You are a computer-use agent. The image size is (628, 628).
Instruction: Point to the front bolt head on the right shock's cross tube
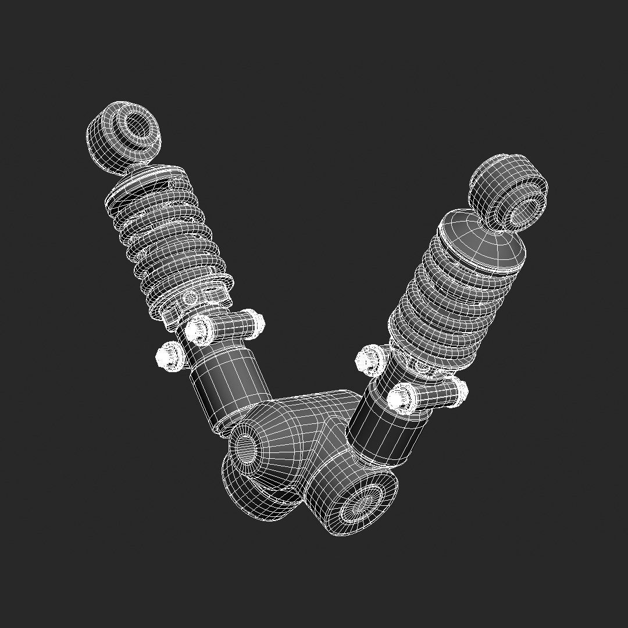pyautogui.click(x=399, y=398)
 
